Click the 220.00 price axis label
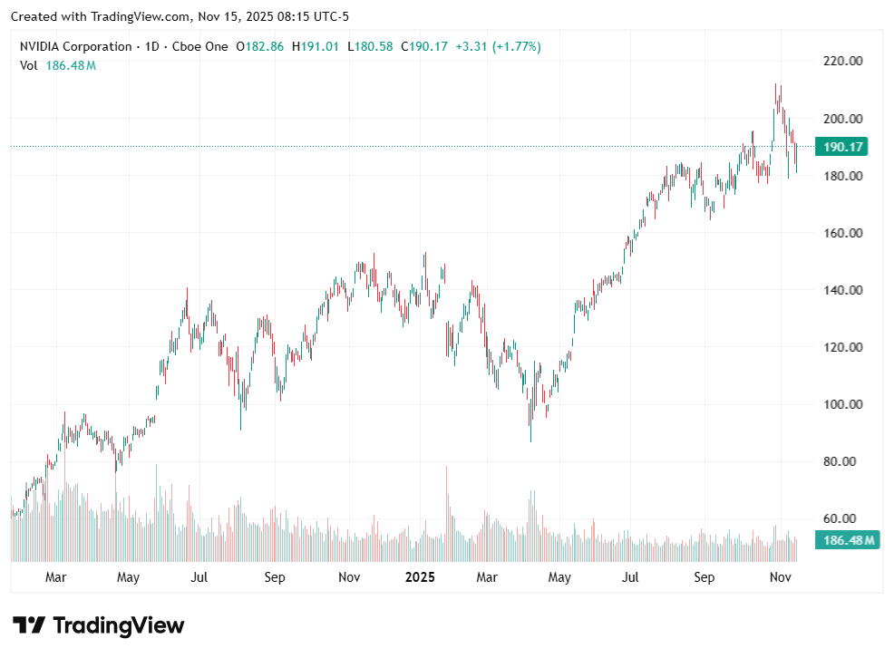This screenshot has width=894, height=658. (842, 62)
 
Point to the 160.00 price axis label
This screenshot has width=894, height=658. (842, 233)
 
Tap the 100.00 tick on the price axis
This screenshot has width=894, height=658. (842, 404)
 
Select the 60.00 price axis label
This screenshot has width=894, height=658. (842, 518)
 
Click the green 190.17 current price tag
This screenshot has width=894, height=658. (842, 147)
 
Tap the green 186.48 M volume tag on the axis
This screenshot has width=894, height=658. (848, 541)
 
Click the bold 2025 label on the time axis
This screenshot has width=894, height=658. (420, 577)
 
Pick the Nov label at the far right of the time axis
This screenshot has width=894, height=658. (779, 577)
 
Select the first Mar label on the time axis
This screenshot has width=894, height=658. (55, 577)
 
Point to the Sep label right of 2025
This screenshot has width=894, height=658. (705, 577)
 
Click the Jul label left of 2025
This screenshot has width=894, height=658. (199, 577)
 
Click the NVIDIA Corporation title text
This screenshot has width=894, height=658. (76, 46)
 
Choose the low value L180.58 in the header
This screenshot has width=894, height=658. (370, 46)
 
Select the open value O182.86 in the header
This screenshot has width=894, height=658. (261, 46)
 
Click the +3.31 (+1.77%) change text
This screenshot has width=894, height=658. (498, 46)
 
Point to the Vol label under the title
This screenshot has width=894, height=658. (29, 65)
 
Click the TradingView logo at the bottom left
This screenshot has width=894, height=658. (99, 625)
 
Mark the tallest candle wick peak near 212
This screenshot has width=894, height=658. (776, 84)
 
